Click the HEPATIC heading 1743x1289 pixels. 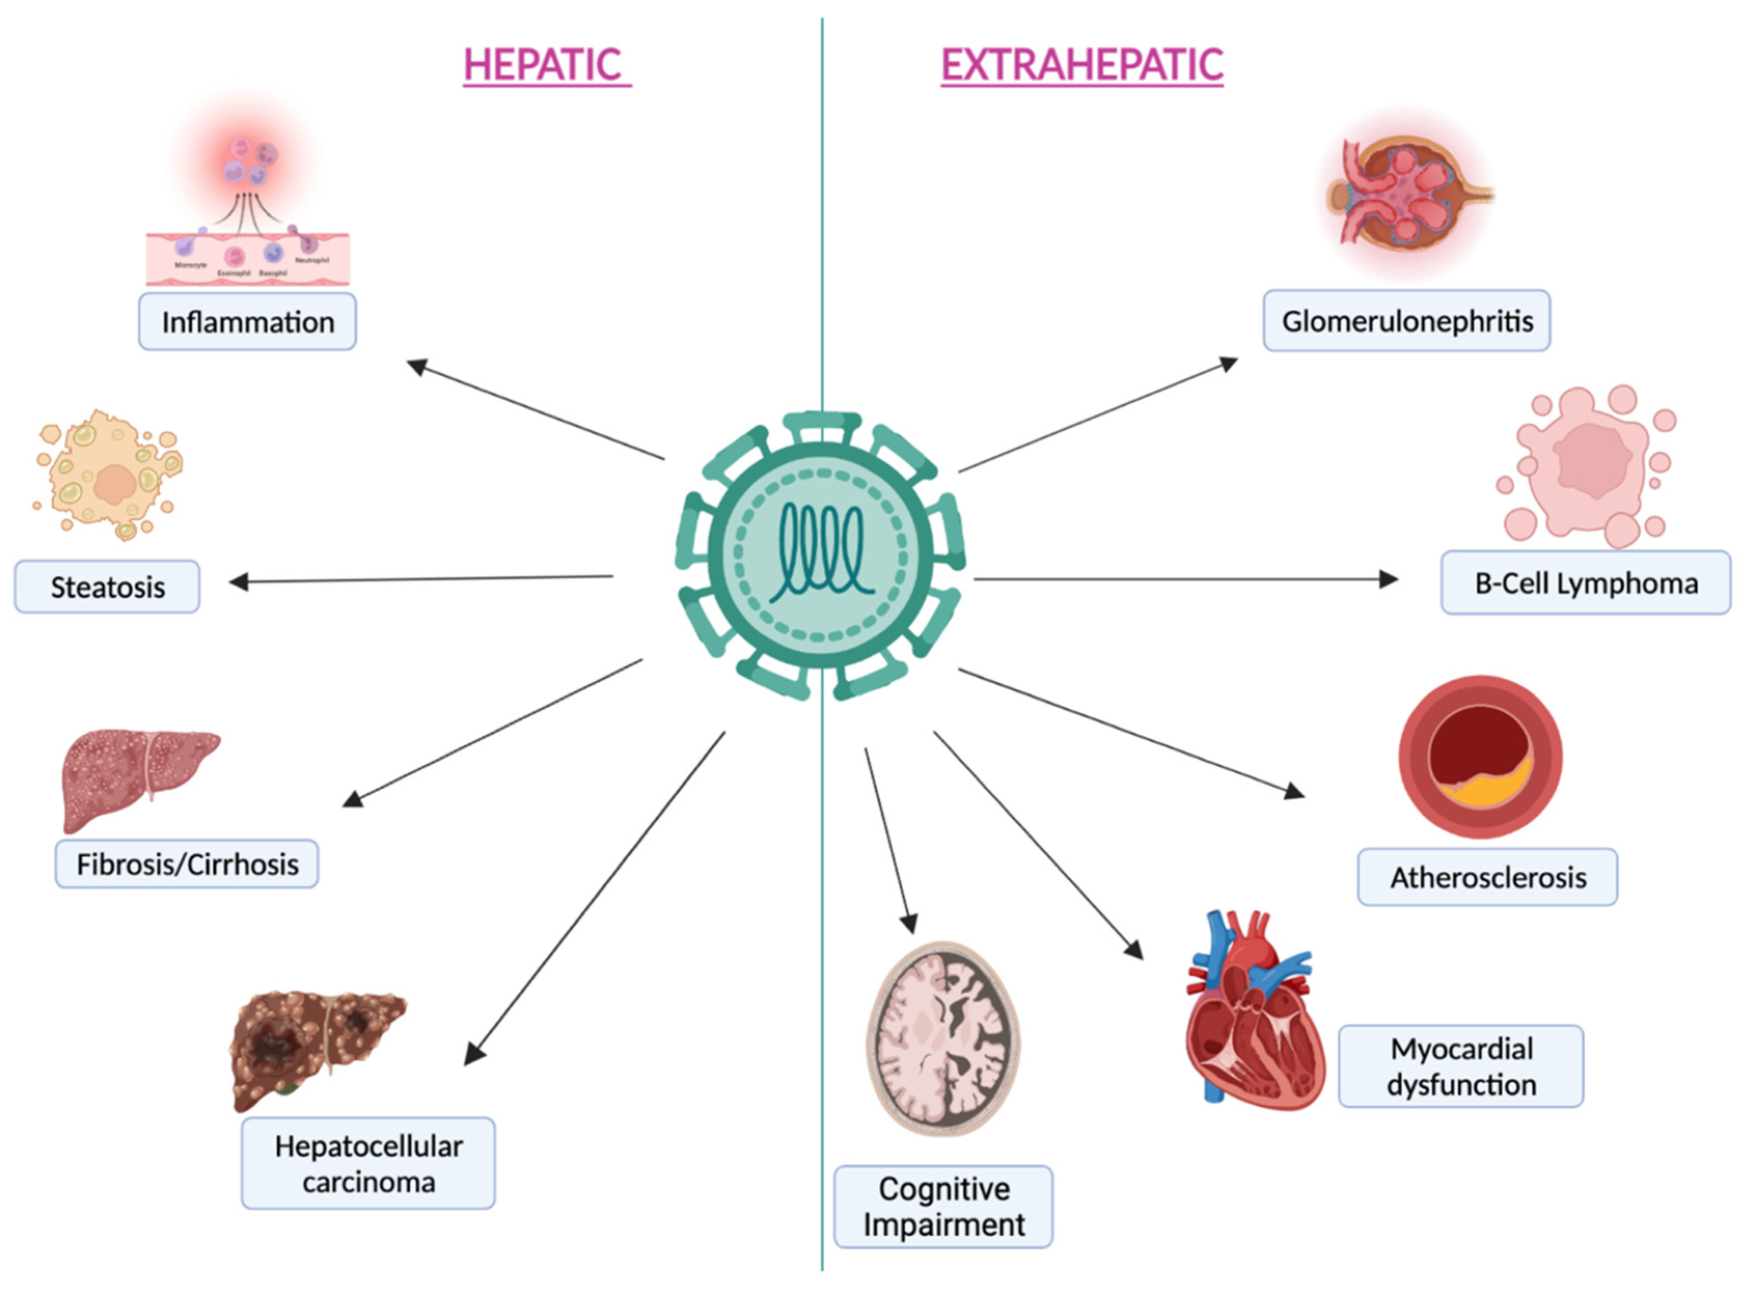546,65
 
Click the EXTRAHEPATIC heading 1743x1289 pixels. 1082,65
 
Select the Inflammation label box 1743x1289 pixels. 247,321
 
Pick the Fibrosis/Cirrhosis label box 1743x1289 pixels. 186,864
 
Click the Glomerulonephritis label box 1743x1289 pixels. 1407,321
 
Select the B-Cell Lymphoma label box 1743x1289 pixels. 1585,583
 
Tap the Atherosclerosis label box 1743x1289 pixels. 1487,877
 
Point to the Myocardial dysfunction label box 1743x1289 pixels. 1461,1066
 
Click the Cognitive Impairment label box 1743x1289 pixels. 943,1206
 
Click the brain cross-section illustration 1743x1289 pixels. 943,1038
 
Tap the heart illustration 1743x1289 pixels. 1252,1014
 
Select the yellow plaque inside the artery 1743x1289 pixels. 1486,792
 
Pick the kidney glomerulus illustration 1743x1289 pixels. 1408,191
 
